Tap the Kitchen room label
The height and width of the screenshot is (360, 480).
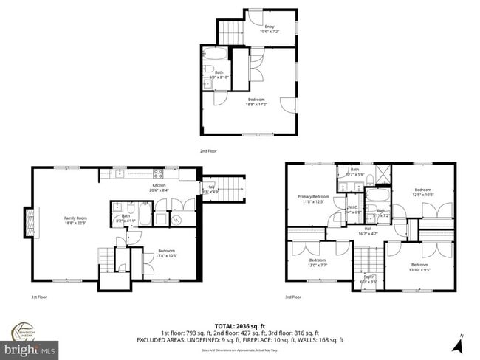point(160,185)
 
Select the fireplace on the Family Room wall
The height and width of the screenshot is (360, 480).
point(31,224)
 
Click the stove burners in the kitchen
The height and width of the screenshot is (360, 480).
point(157,174)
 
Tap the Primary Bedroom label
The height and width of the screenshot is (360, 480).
point(313,197)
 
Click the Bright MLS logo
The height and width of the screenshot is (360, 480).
point(30,347)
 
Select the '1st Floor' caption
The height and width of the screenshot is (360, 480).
point(40,297)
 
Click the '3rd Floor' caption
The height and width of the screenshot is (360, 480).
point(292,297)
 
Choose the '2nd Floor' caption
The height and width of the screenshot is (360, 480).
point(208,150)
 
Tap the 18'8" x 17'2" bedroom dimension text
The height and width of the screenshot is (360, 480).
point(256,104)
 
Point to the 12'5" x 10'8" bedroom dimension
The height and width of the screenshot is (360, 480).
point(422,194)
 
